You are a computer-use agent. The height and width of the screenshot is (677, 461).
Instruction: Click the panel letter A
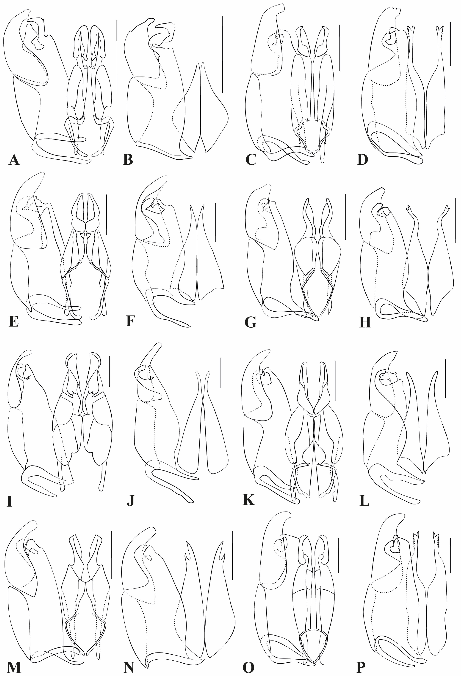tap(14, 160)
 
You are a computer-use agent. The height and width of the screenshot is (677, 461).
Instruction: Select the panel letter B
tap(128, 160)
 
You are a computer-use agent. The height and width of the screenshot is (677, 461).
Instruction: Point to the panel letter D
tap(363, 160)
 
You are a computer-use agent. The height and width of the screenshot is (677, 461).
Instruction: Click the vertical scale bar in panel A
tap(117, 57)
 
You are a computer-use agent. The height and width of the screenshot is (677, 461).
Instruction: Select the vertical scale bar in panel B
tap(222, 54)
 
